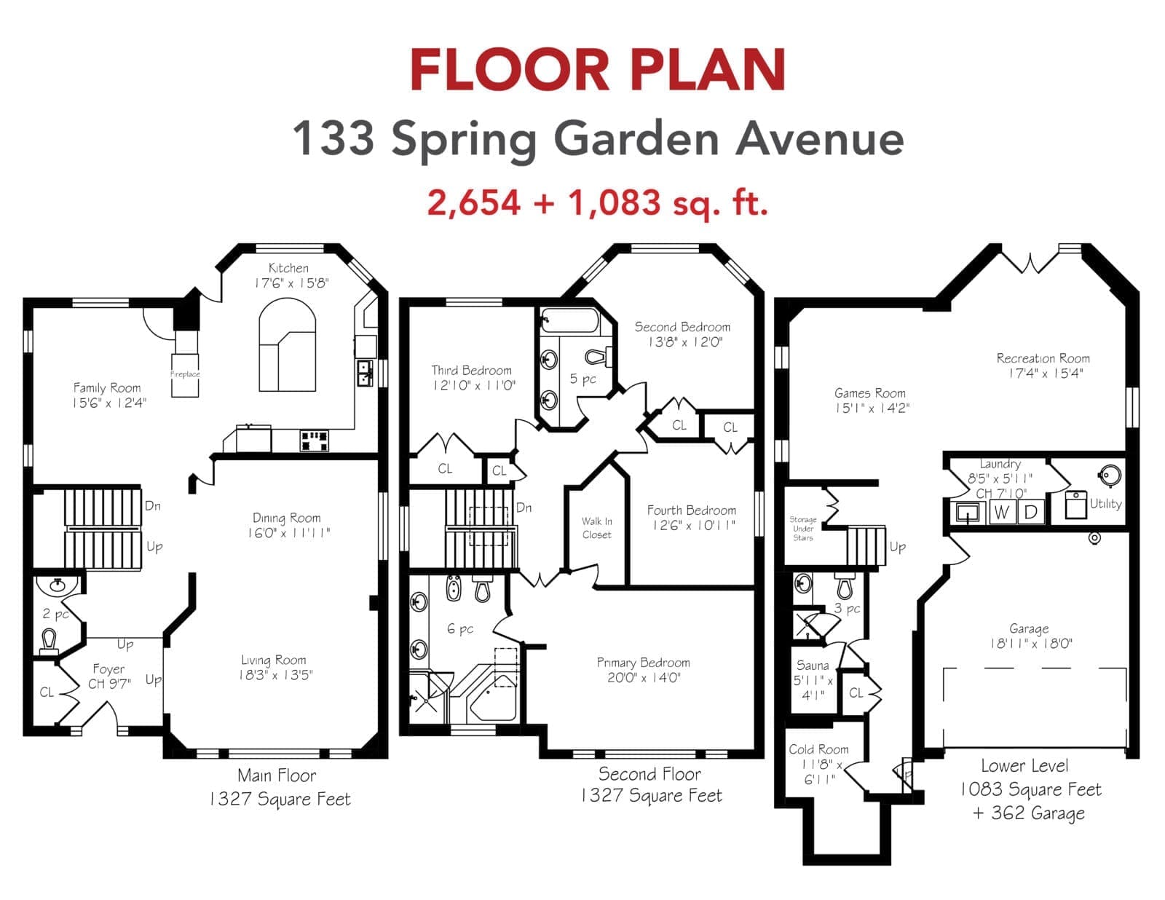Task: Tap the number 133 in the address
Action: pyautogui.click(x=333, y=138)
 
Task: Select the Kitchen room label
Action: pyautogui.click(x=288, y=268)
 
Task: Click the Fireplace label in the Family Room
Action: pyautogui.click(x=185, y=374)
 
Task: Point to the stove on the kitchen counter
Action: pyautogui.click(x=314, y=441)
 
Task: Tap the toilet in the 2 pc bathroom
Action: pyautogui.click(x=50, y=641)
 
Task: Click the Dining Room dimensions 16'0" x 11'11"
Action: pyautogui.click(x=288, y=533)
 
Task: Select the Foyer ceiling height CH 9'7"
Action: pyautogui.click(x=109, y=684)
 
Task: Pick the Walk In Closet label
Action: pyautogui.click(x=597, y=528)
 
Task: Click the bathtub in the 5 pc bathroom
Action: pyautogui.click(x=569, y=321)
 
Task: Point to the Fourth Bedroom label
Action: pyautogui.click(x=692, y=510)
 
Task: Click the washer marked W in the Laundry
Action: pyautogui.click(x=1001, y=513)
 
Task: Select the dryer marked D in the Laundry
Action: pyautogui.click(x=1030, y=513)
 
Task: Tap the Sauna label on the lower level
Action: pyautogui.click(x=813, y=666)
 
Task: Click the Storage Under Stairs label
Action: pyautogui.click(x=802, y=529)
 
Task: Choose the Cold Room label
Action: pyautogui.click(x=818, y=749)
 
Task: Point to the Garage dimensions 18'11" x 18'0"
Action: pyautogui.click(x=1031, y=643)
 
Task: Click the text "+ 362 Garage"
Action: pyautogui.click(x=1029, y=813)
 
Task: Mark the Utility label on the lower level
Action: pyautogui.click(x=1105, y=504)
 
